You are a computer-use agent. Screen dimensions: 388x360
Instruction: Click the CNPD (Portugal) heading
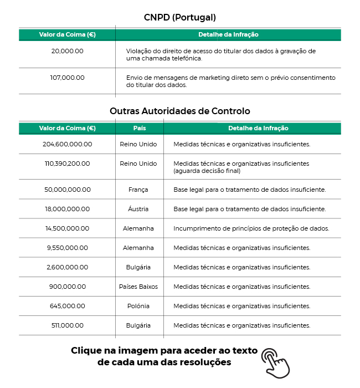pos(180,17)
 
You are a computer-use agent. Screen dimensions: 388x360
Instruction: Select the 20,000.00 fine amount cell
pos(67,51)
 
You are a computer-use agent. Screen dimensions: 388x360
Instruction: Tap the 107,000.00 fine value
pos(67,78)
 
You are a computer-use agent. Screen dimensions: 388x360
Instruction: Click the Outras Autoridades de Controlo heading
pos(180,111)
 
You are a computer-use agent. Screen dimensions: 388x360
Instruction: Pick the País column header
pos(140,128)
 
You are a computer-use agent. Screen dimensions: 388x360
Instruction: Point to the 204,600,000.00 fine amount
pos(67,144)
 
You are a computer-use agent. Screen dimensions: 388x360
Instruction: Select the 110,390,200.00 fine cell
pos(67,164)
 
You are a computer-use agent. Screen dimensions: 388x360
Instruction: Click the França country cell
pos(138,190)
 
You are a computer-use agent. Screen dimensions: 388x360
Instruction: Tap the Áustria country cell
pos(138,209)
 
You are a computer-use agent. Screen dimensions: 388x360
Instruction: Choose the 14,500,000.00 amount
pos(67,228)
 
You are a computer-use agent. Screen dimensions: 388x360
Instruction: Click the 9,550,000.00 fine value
pos(67,248)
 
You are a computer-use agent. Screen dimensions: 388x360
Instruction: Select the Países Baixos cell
pos(138,287)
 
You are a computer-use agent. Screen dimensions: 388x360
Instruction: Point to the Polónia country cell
pos(138,306)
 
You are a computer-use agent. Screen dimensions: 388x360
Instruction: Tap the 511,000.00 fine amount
pos(67,325)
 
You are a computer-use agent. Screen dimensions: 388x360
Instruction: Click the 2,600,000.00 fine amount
pos(67,267)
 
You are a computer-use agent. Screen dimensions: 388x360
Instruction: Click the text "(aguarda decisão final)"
pos(207,171)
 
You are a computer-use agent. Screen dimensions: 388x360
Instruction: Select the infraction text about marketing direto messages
pos(230,81)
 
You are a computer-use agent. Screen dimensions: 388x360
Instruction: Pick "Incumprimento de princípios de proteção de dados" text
pos(251,228)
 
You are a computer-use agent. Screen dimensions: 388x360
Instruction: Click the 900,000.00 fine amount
pos(67,287)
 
